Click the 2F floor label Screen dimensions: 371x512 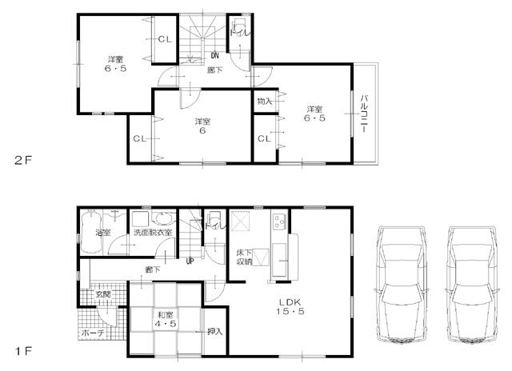click(x=22, y=159)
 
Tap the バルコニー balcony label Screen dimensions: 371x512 click(x=364, y=114)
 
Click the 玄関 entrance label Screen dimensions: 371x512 click(x=103, y=294)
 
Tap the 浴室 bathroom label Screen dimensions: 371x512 click(x=103, y=233)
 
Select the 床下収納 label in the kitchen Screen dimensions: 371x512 click(x=245, y=256)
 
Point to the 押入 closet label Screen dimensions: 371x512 click(x=214, y=331)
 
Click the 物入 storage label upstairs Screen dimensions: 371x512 click(x=264, y=102)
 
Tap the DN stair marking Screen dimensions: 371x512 click(x=215, y=55)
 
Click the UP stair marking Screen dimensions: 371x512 click(x=190, y=261)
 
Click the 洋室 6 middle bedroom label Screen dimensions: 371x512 click(x=200, y=126)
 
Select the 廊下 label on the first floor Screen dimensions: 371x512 click(x=152, y=269)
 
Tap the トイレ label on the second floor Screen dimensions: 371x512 click(x=238, y=33)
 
